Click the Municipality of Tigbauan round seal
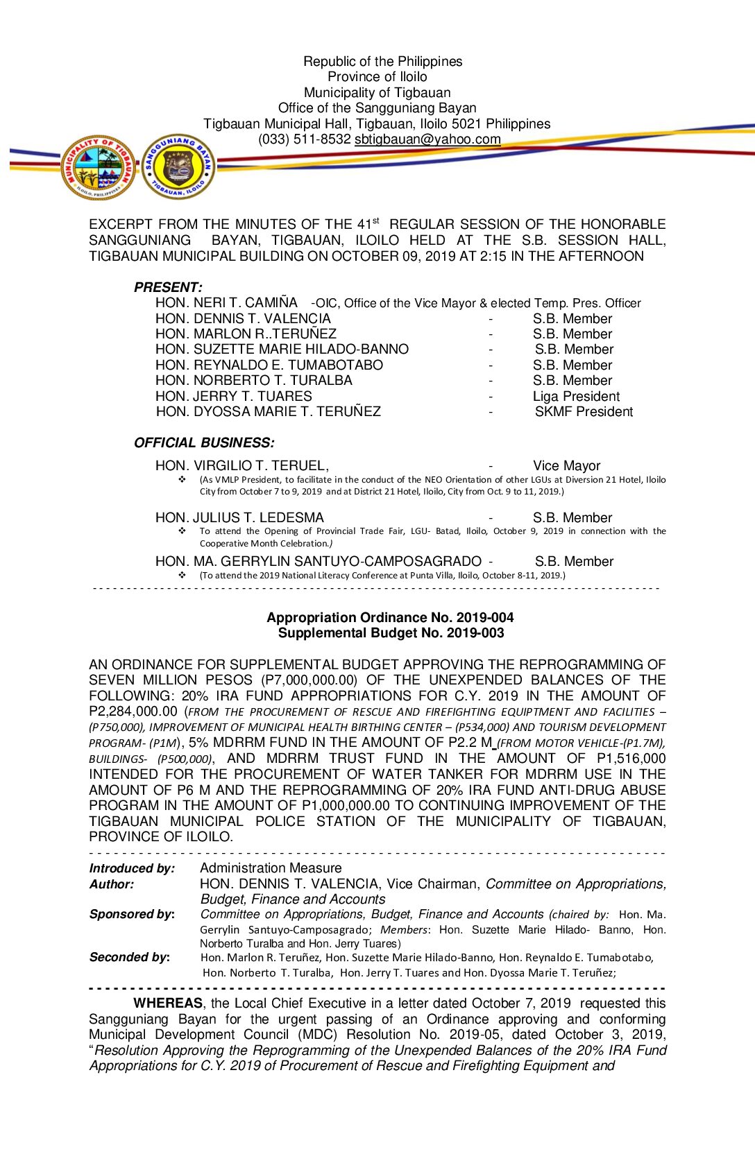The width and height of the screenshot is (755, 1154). point(99,168)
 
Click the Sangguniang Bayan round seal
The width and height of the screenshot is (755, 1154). point(178,166)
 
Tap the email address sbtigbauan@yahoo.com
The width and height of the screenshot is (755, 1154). point(427,139)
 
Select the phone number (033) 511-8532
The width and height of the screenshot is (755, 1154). point(305,139)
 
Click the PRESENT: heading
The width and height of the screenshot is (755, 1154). point(168,287)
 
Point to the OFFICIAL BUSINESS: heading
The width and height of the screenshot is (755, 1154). point(204,442)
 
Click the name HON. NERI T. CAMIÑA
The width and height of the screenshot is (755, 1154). point(226,303)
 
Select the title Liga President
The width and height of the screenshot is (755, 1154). point(576,397)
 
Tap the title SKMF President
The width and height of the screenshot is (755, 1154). point(584,412)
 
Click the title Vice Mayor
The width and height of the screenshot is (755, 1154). point(566,466)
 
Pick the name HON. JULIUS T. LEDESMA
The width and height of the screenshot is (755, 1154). point(239,518)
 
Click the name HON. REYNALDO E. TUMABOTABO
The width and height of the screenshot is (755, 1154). point(269,365)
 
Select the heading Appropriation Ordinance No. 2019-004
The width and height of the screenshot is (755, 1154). point(390,617)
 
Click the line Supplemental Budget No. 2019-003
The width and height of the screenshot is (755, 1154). point(391,633)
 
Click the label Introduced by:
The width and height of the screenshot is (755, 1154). point(132,868)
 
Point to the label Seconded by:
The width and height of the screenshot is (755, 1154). point(130,957)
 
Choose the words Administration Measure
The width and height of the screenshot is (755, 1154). point(271,868)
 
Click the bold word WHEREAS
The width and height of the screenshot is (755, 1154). point(168,1004)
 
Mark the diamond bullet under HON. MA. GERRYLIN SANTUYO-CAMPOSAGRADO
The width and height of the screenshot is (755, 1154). point(183,576)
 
